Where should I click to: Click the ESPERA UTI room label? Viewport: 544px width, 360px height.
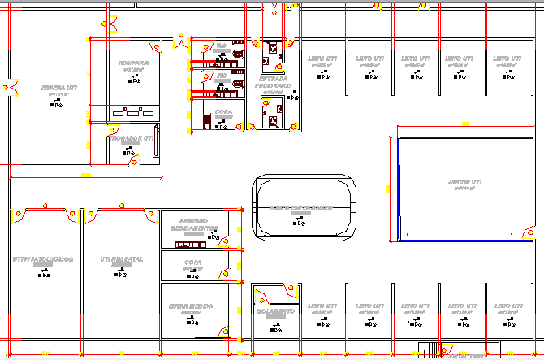tap(60, 87)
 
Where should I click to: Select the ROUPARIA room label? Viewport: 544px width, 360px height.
tap(132, 63)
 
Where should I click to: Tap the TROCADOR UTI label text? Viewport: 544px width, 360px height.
tap(131, 139)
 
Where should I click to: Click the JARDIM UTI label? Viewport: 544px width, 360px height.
tap(464, 180)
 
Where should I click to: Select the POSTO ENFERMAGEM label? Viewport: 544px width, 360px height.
tap(302, 207)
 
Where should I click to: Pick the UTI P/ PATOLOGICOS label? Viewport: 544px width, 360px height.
tap(43, 259)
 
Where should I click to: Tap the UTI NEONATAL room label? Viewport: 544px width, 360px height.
tap(122, 259)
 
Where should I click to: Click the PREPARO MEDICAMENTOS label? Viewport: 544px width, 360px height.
tap(194, 224)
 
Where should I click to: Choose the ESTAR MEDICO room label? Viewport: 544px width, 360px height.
tap(191, 306)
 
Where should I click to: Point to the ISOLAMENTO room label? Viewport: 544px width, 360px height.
tap(276, 311)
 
